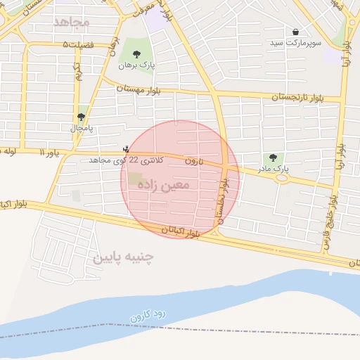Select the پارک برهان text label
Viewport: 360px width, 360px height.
[x=135, y=65]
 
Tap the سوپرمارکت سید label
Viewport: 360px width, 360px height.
[x=295, y=43]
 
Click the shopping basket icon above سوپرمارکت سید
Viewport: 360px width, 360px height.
[x=295, y=32]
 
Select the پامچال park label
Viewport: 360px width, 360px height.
[x=81, y=129]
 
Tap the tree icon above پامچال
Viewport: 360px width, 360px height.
[x=81, y=117]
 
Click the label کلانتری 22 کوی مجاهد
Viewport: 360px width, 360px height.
[x=126, y=160]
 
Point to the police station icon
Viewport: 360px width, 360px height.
[x=126, y=148]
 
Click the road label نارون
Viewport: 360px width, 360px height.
[x=193, y=161]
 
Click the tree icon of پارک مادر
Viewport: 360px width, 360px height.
[x=273, y=158]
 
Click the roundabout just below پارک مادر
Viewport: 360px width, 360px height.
[x=282, y=178]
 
